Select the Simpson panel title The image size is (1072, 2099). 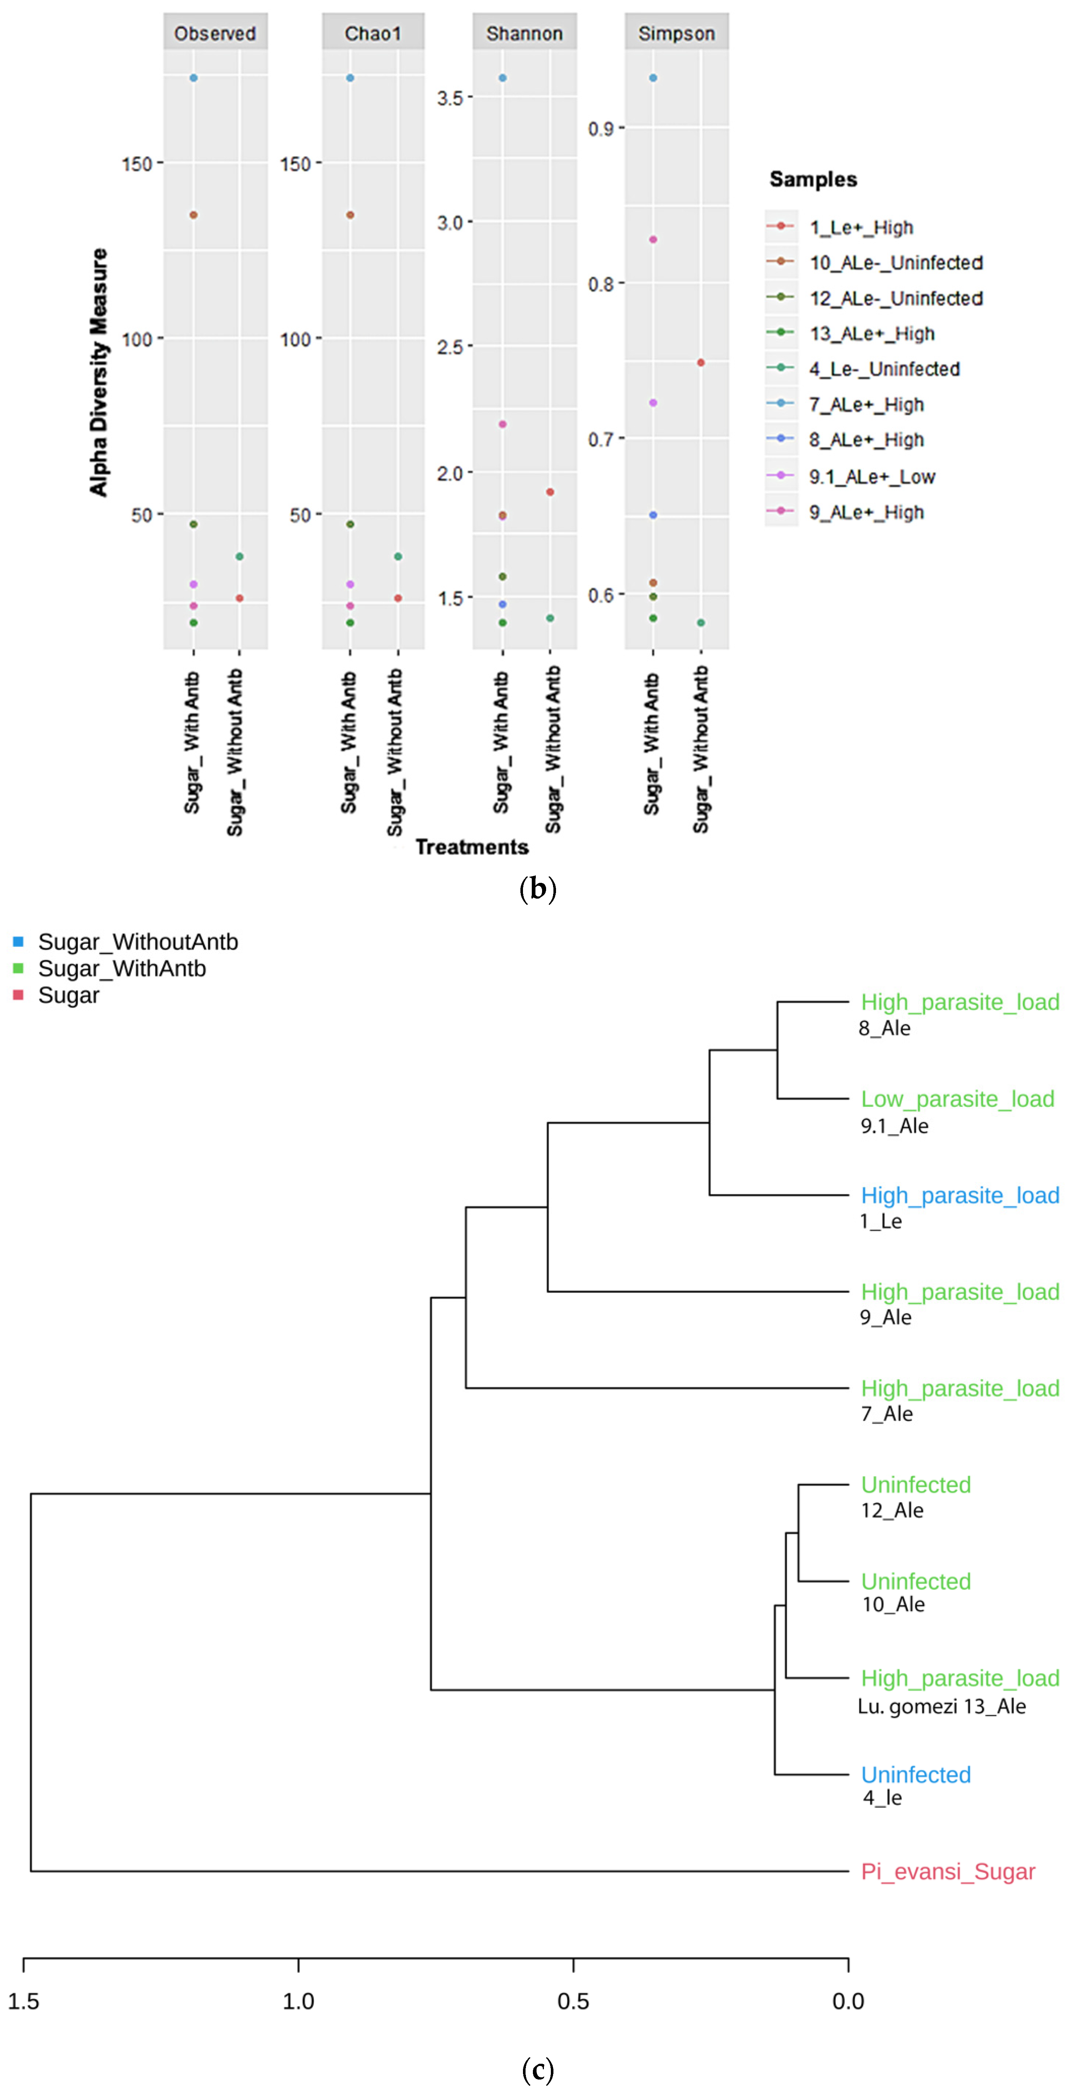(676, 33)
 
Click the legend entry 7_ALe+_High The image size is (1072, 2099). (866, 405)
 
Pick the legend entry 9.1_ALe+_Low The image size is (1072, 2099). (872, 477)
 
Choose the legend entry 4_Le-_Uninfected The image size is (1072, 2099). (884, 369)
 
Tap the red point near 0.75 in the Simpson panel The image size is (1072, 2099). (701, 363)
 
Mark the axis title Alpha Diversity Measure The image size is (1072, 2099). (99, 372)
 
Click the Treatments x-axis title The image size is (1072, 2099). (472, 848)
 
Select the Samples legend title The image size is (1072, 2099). (813, 179)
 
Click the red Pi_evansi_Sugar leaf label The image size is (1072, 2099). (947, 1872)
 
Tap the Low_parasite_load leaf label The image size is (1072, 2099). (957, 1099)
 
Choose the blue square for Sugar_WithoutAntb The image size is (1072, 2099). (18, 942)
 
